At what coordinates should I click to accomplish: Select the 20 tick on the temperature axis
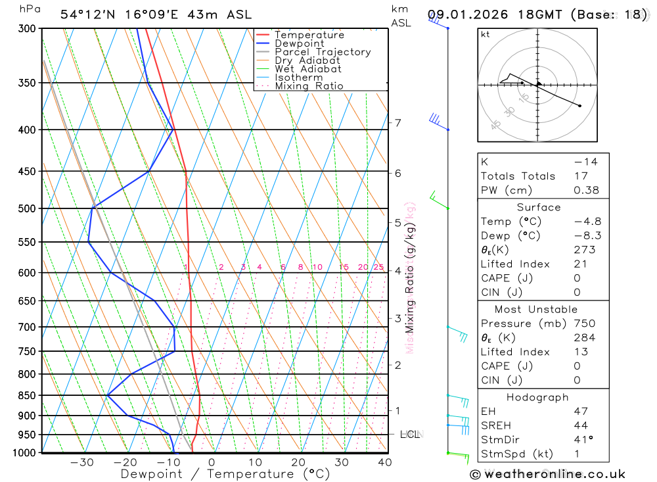tap(298, 462)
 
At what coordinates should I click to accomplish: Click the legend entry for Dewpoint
tap(299, 43)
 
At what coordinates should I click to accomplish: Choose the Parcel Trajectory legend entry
tap(322, 52)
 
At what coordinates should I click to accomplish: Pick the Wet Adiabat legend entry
tap(307, 69)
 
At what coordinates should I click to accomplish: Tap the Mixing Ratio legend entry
tap(309, 86)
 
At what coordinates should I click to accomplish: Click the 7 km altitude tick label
tap(397, 123)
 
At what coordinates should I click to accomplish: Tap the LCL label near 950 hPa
tap(411, 435)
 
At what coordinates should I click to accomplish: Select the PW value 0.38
tap(586, 190)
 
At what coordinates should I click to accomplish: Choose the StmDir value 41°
tap(583, 439)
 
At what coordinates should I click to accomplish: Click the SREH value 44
tap(580, 425)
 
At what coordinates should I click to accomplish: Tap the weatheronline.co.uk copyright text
tap(547, 474)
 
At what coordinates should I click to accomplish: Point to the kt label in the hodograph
tap(486, 34)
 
